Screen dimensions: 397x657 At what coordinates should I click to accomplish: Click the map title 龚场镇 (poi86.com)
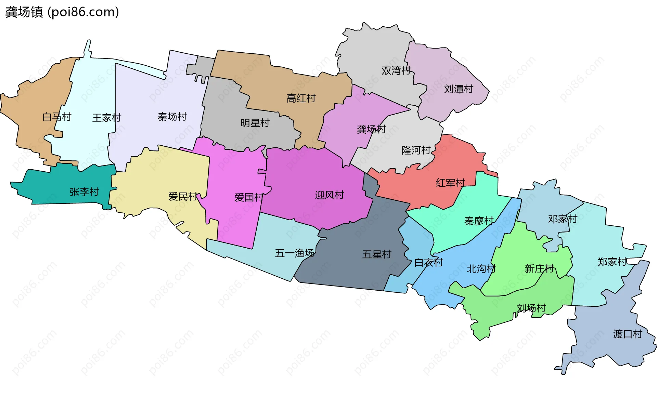click(62, 12)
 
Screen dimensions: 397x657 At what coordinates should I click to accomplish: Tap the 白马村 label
click(57, 117)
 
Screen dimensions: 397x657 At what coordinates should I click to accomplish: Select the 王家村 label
click(107, 118)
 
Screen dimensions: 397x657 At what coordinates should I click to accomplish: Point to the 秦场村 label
click(172, 117)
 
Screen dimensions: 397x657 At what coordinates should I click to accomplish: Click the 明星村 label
click(255, 123)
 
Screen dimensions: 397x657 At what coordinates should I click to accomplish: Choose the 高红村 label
click(301, 98)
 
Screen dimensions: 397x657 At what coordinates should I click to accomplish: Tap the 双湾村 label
click(396, 70)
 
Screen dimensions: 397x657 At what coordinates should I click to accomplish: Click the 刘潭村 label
click(459, 89)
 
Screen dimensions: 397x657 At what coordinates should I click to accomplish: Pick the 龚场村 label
click(371, 129)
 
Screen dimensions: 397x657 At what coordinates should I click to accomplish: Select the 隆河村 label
click(416, 150)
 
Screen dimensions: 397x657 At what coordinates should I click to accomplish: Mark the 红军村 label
click(450, 183)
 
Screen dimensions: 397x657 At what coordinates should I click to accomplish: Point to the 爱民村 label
click(183, 197)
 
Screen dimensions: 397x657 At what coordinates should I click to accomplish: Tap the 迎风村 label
click(330, 195)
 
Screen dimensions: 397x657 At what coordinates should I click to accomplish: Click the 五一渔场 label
click(295, 253)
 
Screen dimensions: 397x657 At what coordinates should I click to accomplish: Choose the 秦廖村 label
click(479, 221)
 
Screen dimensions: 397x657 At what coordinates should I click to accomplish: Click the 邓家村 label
click(563, 219)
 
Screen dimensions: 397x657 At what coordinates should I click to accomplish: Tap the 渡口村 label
click(628, 334)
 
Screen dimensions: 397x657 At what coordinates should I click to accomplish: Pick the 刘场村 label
click(531, 308)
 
